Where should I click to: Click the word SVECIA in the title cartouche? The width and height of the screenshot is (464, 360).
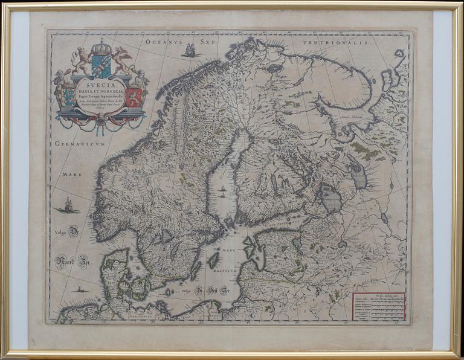[101, 85]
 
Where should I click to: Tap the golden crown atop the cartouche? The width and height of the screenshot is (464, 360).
[101, 47]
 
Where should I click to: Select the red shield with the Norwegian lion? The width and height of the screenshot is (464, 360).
[134, 97]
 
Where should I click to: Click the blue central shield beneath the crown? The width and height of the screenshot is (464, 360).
[101, 66]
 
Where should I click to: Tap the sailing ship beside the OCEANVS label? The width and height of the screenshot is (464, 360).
[191, 50]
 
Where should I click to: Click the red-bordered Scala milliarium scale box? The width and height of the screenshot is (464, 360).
[379, 306]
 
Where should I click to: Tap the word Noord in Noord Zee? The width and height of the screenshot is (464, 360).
[65, 262]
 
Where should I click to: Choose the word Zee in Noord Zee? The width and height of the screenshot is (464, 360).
[82, 264]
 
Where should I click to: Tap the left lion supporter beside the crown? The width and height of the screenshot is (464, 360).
[80, 59]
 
